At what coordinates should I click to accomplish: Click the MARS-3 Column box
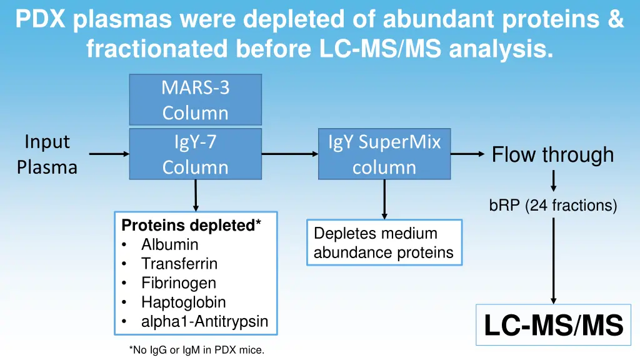tap(195, 100)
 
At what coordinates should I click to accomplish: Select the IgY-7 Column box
tap(195, 154)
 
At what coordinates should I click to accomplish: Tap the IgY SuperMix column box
tap(384, 154)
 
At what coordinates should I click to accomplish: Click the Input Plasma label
tap(47, 154)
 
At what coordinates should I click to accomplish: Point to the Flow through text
tap(552, 154)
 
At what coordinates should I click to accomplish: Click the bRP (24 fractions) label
tap(552, 205)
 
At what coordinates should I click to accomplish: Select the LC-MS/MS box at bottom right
tap(554, 325)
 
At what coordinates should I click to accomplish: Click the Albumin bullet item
tap(169, 244)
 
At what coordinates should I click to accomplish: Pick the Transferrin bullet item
tap(179, 264)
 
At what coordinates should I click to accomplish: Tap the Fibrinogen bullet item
tap(178, 283)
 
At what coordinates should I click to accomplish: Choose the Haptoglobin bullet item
tap(183, 302)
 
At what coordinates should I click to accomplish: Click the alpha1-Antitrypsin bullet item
tap(204, 322)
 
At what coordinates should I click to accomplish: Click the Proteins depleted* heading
tap(191, 225)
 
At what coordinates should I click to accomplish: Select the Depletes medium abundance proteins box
tap(384, 242)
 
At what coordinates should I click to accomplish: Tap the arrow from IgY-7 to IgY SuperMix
tap(289, 154)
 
